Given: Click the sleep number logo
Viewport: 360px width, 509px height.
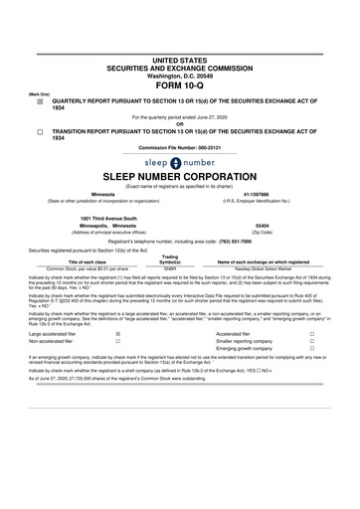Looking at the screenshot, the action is click(x=179, y=161).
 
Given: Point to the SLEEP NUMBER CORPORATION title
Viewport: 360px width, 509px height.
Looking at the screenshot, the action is click(x=179, y=175).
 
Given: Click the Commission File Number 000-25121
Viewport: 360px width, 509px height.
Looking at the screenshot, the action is click(x=179, y=148).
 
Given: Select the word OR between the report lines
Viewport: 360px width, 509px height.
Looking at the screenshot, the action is click(x=179, y=123).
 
